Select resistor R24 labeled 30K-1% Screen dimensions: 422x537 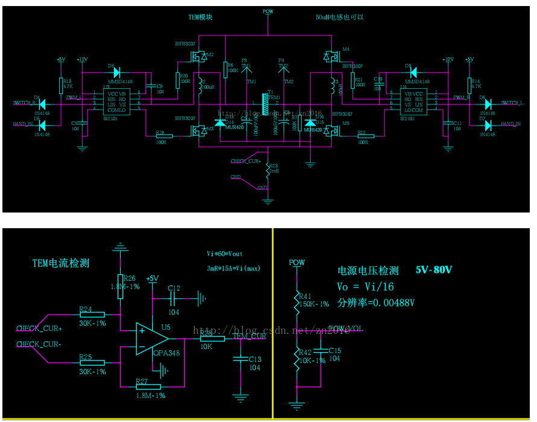tap(92, 315)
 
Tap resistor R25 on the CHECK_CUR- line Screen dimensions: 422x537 tap(92, 362)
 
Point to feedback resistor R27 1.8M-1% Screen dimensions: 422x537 tap(148, 387)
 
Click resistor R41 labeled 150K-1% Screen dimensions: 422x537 tap(296, 299)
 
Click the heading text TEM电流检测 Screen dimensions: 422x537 tap(60, 263)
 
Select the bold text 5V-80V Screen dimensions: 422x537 tap(434, 270)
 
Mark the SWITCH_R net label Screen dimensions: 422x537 tap(25, 103)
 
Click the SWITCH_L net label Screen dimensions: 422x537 tap(512, 103)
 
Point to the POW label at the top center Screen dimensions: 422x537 tap(268, 11)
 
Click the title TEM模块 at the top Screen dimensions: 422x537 tap(200, 18)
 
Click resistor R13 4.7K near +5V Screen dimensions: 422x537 tap(62, 85)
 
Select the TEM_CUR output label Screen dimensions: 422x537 tap(249, 336)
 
